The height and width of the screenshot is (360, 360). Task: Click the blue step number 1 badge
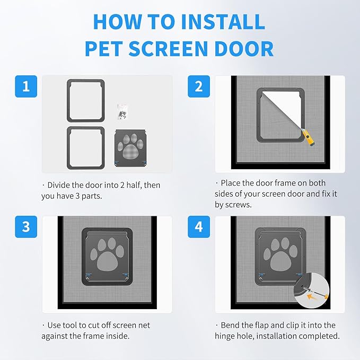[x=26, y=86]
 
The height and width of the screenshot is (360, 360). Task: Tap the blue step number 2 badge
[x=199, y=86]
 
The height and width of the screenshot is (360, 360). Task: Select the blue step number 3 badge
[x=26, y=227]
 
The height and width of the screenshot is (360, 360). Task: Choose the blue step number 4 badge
[x=199, y=227]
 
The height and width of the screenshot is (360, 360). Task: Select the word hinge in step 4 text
[x=227, y=336]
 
